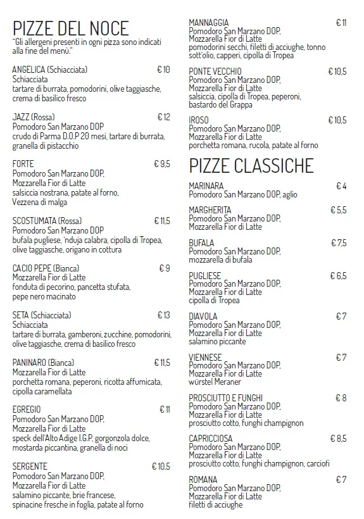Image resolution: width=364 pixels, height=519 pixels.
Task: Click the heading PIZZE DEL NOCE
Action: click(x=70, y=28)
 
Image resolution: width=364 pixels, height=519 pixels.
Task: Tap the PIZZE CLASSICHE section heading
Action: click(x=251, y=166)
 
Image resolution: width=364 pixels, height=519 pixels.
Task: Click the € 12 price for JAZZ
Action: click(x=163, y=117)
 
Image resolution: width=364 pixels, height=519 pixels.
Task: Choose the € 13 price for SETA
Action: click(x=163, y=315)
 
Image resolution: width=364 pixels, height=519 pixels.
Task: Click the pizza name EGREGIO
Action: click(x=27, y=410)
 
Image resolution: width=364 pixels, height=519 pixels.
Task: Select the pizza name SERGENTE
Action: click(x=29, y=466)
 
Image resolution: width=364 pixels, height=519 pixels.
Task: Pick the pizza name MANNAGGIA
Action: click(x=209, y=23)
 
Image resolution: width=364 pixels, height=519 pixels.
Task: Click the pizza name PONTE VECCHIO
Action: click(x=215, y=72)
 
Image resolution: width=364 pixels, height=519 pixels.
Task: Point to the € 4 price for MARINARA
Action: click(x=341, y=186)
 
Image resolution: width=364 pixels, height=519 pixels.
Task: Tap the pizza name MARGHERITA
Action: click(x=210, y=210)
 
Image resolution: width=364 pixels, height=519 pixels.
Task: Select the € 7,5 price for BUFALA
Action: click(x=339, y=243)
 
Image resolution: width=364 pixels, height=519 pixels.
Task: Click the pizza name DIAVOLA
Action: click(x=203, y=316)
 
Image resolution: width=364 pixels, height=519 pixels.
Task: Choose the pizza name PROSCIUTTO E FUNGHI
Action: click(x=225, y=398)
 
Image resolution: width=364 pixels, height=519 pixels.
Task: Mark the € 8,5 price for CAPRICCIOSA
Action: click(x=338, y=438)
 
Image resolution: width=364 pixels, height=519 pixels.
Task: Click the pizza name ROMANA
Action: click(x=203, y=480)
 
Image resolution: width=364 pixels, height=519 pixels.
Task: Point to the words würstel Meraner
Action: click(x=215, y=382)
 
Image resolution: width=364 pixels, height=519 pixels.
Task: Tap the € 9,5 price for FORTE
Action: click(x=162, y=164)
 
